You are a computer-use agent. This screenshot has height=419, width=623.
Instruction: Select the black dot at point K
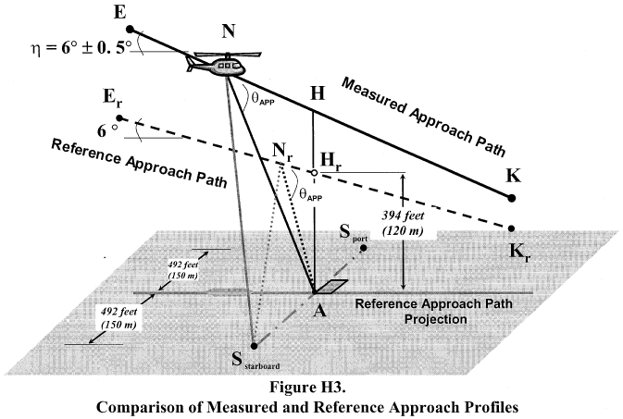click(x=512, y=197)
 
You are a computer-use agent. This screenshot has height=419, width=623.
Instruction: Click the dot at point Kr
click(x=512, y=228)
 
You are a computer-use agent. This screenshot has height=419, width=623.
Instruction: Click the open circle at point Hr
click(x=314, y=173)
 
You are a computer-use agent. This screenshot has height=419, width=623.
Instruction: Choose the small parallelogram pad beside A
click(x=330, y=285)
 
